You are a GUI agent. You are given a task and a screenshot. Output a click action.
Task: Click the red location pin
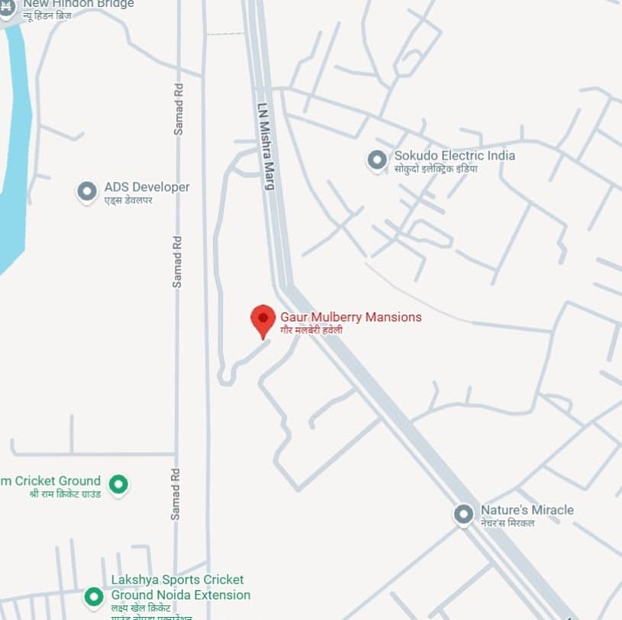click(x=263, y=319)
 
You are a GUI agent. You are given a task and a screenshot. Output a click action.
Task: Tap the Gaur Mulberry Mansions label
click(x=350, y=317)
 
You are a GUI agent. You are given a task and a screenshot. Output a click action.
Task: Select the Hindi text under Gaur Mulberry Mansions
click(x=311, y=330)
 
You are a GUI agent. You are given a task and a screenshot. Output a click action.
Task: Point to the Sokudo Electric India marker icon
click(x=376, y=160)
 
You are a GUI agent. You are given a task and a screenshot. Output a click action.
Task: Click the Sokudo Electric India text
click(x=454, y=156)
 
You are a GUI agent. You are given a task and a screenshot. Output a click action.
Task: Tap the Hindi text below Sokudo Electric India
click(x=435, y=168)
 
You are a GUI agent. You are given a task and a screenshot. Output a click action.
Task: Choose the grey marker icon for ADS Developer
click(x=88, y=191)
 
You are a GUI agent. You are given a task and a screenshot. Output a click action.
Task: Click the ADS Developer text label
click(x=147, y=187)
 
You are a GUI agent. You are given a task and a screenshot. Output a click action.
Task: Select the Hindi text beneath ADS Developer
click(x=128, y=200)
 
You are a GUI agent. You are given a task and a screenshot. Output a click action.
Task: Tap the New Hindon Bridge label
click(x=78, y=4)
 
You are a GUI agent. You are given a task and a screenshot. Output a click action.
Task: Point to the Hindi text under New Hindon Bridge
click(x=57, y=15)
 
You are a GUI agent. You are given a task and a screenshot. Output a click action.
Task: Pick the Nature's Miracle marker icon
click(x=463, y=514)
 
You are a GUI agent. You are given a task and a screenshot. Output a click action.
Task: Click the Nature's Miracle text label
click(x=527, y=510)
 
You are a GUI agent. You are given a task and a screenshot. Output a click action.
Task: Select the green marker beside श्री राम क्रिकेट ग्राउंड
click(x=118, y=483)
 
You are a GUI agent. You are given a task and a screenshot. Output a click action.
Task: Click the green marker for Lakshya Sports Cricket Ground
click(x=94, y=596)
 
